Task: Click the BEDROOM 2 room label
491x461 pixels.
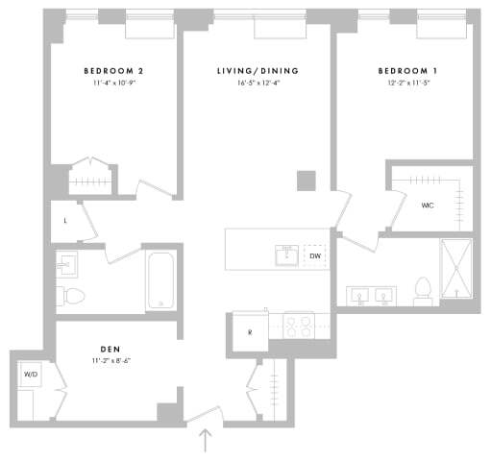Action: (x=113, y=71)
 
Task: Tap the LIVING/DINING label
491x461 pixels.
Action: (x=258, y=71)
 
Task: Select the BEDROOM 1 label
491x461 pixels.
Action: (x=404, y=71)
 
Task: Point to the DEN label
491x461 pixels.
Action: (x=109, y=349)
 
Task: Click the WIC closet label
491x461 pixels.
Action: (x=428, y=205)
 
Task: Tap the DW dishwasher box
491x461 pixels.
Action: (x=314, y=256)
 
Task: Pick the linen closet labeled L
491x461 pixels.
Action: (x=64, y=219)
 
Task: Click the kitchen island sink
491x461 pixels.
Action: (x=285, y=255)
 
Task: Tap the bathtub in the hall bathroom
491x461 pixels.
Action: (x=161, y=279)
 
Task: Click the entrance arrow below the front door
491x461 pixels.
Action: (x=206, y=442)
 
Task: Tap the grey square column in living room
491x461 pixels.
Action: (x=306, y=181)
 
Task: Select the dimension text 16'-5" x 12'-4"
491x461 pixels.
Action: (x=258, y=84)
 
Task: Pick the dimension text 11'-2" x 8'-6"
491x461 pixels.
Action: (x=109, y=361)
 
